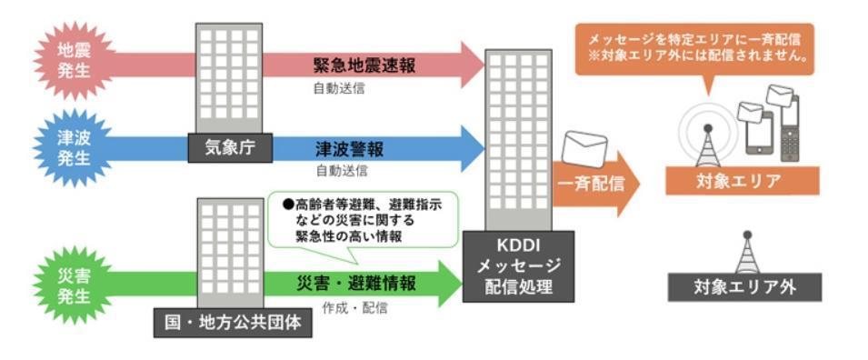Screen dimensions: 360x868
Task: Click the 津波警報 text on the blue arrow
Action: [350, 147]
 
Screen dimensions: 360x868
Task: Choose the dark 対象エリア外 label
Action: [744, 287]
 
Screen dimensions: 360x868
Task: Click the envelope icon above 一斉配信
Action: [585, 148]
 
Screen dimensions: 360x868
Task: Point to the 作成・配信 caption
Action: [355, 308]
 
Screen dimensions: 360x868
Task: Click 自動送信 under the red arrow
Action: [341, 90]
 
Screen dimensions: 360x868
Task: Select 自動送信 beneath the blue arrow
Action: [341, 171]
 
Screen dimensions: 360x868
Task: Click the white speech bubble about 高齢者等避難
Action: [363, 219]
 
